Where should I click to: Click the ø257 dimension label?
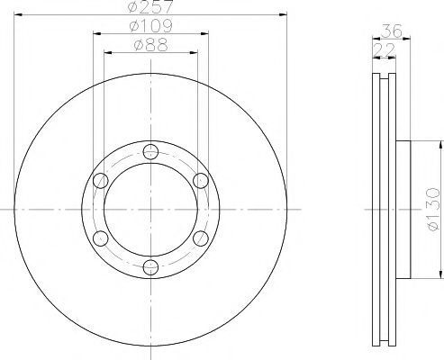(x=150, y=6)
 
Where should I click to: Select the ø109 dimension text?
(x=150, y=26)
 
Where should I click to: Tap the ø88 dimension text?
(x=150, y=45)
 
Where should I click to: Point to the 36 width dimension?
(x=392, y=31)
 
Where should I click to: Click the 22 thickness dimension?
(x=384, y=50)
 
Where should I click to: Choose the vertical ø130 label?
(x=433, y=209)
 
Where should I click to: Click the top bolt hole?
(x=150, y=152)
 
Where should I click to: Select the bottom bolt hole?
(x=150, y=266)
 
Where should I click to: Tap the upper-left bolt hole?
(x=101, y=181)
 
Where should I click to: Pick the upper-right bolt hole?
(x=201, y=181)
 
